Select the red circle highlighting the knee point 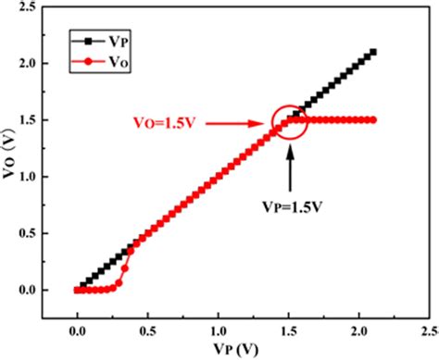point(290,121)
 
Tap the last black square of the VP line point(374,53)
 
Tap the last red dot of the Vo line point(374,120)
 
